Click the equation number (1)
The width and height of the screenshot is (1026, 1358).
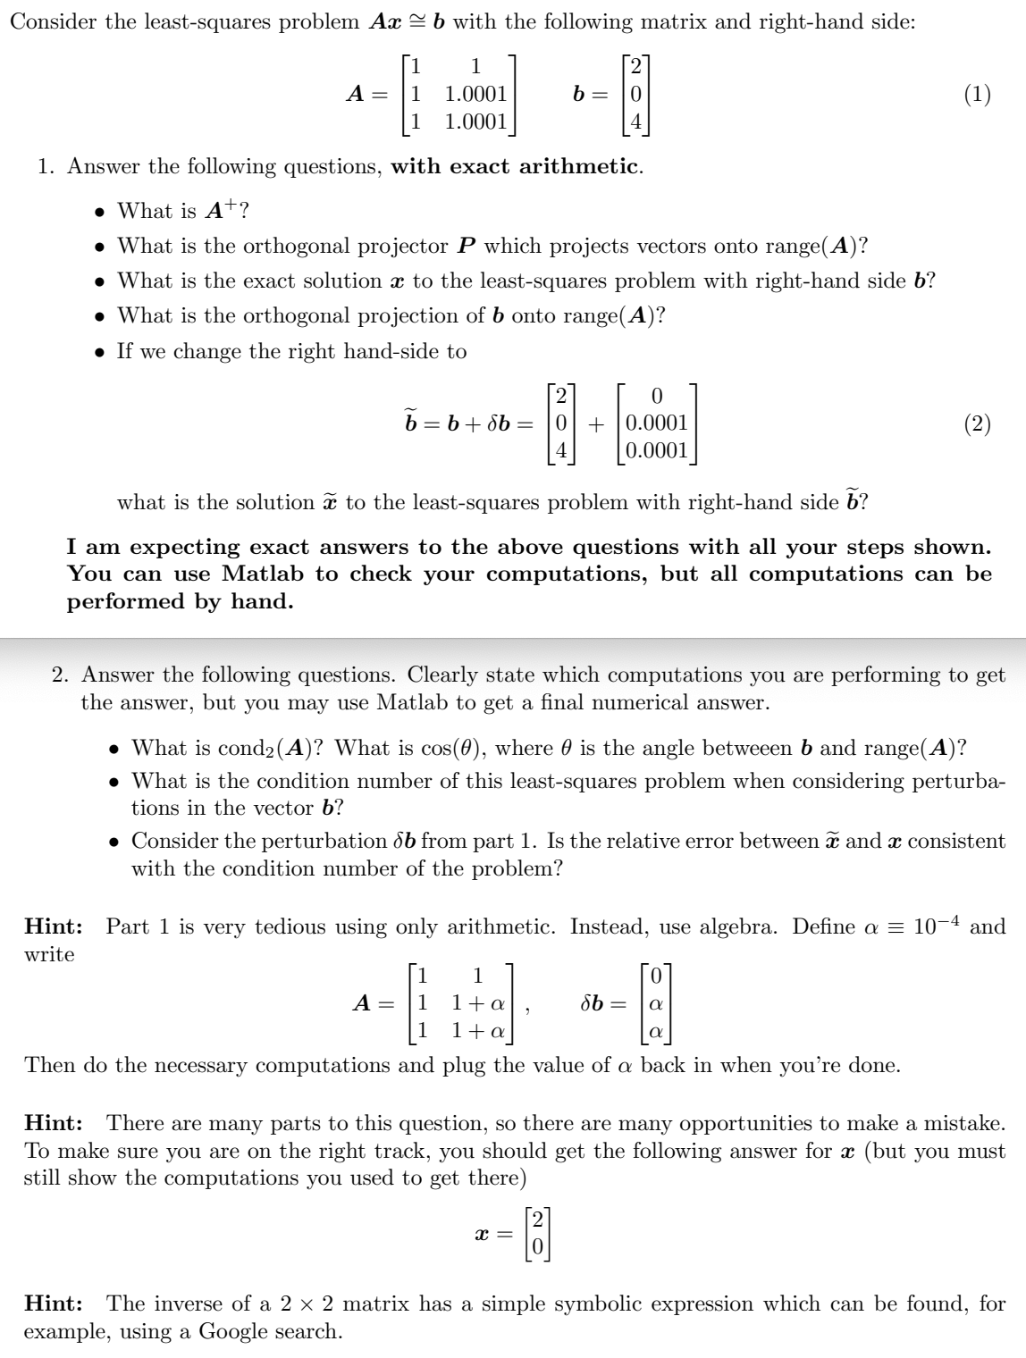[977, 95]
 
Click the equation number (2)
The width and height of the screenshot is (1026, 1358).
[977, 423]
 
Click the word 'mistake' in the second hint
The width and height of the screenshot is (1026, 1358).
[966, 1123]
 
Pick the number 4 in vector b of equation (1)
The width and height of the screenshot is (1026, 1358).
[635, 121]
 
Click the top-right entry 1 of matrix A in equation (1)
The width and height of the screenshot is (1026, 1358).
[476, 67]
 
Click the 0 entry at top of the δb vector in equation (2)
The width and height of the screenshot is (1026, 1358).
[657, 396]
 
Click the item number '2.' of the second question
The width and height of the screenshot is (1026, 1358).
[62, 675]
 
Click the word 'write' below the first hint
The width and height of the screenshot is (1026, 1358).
[49, 954]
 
